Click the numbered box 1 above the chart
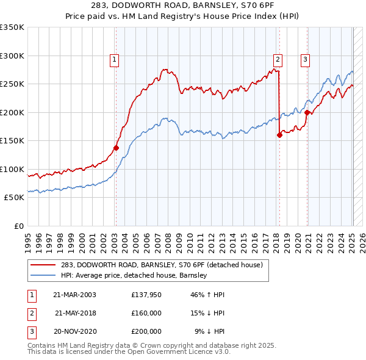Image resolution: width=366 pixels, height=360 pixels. click(115, 59)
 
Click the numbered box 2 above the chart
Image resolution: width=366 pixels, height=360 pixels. click(278, 59)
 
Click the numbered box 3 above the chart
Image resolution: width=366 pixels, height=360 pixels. click(305, 59)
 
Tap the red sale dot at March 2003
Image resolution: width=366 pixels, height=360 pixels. click(116, 148)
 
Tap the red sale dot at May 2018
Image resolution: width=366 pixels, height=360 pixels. click(279, 135)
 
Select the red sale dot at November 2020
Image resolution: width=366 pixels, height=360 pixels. click(307, 112)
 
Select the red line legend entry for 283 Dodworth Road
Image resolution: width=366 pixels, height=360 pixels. click(162, 265)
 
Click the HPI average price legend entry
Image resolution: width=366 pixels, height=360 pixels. click(134, 276)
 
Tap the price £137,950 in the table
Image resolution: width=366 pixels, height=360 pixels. click(146, 295)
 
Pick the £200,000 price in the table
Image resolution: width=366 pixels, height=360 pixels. click(146, 331)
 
